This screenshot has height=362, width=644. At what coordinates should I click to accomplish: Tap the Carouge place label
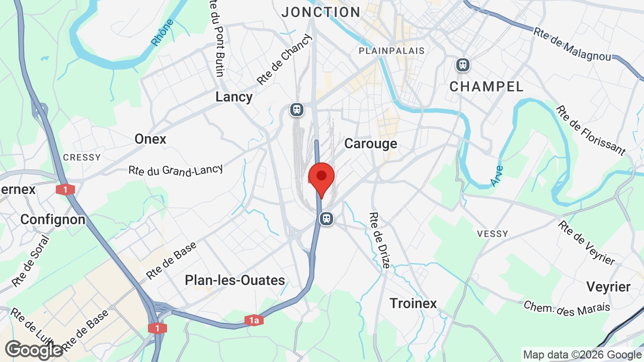[370, 144]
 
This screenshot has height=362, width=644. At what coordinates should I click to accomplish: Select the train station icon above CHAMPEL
[462, 65]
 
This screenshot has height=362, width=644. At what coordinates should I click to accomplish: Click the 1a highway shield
[254, 320]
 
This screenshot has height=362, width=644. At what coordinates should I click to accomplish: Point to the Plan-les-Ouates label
[235, 280]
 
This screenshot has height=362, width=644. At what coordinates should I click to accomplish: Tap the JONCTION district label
[321, 12]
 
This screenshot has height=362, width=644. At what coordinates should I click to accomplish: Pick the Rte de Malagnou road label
[573, 44]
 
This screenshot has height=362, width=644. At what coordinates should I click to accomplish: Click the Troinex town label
[414, 303]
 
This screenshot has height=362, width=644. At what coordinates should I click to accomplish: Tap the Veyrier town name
[608, 287]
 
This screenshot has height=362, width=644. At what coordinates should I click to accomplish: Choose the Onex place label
[150, 139]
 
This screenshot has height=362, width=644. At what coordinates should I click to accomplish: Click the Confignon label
[53, 220]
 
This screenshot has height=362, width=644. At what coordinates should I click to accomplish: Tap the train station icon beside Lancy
[297, 109]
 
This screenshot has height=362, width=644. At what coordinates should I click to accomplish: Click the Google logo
[34, 350]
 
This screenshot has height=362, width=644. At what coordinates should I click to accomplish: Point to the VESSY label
[493, 234]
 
